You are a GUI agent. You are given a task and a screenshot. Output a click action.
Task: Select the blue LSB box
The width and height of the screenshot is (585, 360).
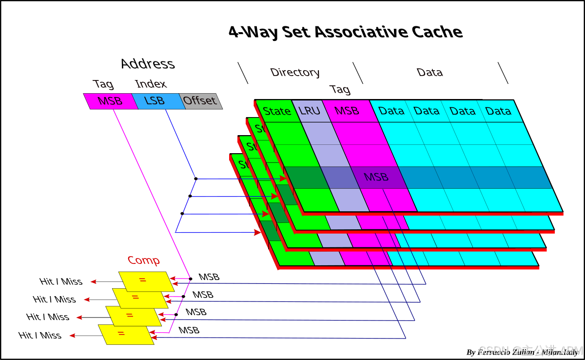tap(156, 101)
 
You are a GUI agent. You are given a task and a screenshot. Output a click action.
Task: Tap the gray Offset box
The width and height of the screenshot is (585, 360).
tap(200, 101)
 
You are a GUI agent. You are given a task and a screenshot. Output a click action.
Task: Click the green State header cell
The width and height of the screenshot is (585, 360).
tap(277, 111)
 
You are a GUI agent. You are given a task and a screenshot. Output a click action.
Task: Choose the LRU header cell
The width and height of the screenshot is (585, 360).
tap(310, 111)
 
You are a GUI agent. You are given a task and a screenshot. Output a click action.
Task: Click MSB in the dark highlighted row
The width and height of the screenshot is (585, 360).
tap(376, 177)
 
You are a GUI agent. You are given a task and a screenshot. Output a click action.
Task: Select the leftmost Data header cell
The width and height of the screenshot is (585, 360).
tap(392, 111)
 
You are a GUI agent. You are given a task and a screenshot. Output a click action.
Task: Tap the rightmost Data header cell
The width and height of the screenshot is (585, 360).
tap(498, 111)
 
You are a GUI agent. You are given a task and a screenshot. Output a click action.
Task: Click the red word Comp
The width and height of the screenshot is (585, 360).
tap(144, 260)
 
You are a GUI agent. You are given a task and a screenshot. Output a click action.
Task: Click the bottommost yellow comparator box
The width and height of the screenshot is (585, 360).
tap(126, 334)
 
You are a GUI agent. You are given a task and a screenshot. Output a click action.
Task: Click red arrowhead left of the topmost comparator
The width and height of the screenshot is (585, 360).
tap(93, 281)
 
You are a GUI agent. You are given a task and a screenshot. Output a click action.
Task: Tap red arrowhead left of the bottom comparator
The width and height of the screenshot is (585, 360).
tap(72, 336)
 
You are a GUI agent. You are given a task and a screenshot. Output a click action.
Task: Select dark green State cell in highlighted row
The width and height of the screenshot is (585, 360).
tap(301, 178)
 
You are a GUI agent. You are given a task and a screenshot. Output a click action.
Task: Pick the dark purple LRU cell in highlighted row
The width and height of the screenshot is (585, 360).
tap(339, 178)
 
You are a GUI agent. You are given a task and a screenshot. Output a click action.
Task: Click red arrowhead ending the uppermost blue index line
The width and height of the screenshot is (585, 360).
tap(283, 179)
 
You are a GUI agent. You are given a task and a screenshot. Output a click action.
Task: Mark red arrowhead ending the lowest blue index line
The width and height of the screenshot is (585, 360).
tap(257, 233)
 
